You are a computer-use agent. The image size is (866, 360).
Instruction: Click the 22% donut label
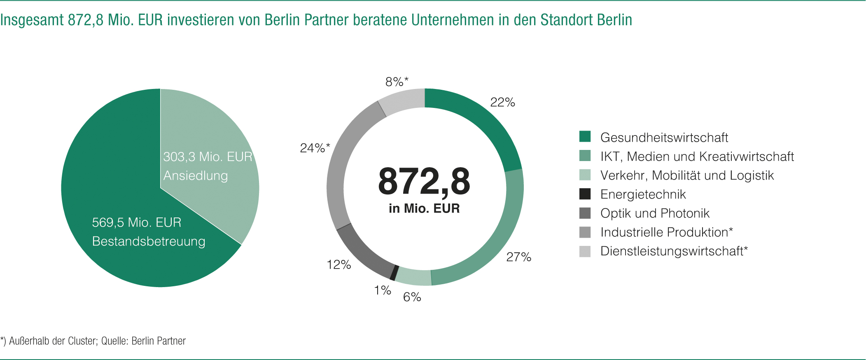tap(502, 102)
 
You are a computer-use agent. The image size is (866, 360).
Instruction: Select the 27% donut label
tap(518, 257)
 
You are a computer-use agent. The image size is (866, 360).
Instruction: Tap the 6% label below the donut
tap(412, 297)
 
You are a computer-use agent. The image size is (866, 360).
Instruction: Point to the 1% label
tap(382, 290)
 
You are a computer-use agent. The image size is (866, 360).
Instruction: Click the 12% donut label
tap(338, 264)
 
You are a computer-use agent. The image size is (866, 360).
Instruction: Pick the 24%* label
tap(315, 148)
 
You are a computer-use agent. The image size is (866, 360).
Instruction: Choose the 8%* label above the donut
tap(397, 82)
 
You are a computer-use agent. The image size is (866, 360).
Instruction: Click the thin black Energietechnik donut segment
tap(393, 273)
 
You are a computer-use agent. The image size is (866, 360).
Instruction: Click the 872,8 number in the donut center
tap(424, 182)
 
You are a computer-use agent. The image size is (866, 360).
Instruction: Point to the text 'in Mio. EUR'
tap(424, 208)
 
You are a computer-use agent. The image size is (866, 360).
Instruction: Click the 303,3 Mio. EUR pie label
tap(208, 157)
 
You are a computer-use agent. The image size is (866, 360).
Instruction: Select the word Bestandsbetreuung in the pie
tap(149, 241)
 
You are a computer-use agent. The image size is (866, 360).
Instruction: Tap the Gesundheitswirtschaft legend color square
tap(585, 136)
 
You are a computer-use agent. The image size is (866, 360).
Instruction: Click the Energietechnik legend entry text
tap(643, 194)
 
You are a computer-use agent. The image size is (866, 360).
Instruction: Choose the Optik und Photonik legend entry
tap(655, 213)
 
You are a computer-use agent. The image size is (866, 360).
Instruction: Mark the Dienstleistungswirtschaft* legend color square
tap(585, 251)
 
